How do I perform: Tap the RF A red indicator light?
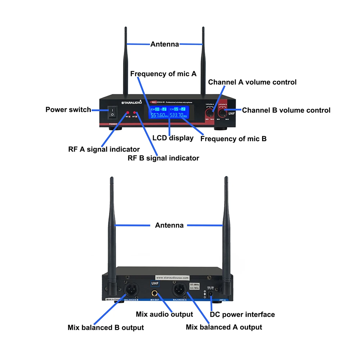[x=127, y=113]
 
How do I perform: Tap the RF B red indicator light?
[x=134, y=113]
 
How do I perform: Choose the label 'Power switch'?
[x=68, y=109]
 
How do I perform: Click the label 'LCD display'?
[x=173, y=138]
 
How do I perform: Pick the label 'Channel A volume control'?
[x=252, y=82]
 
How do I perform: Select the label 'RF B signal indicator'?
[x=163, y=158]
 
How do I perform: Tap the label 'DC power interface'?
[x=242, y=315]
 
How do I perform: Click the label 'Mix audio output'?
[x=164, y=314]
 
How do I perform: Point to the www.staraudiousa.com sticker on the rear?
[x=172, y=278]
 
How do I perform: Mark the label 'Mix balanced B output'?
[x=105, y=328]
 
